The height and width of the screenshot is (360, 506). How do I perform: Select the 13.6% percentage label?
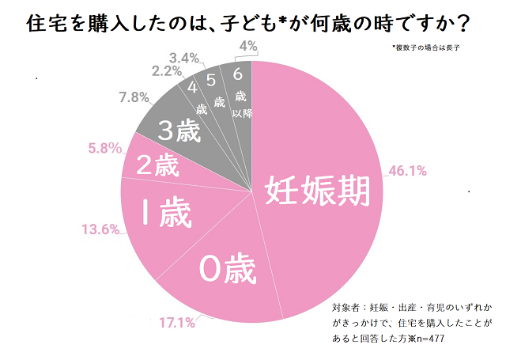point(100,229)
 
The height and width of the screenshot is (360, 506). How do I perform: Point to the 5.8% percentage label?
point(104,147)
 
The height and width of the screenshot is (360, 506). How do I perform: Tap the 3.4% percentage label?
point(187,58)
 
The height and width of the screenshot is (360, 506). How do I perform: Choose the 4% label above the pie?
point(247,47)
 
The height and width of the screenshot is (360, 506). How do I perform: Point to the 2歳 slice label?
point(158,167)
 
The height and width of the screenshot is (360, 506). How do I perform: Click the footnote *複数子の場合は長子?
point(428,47)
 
